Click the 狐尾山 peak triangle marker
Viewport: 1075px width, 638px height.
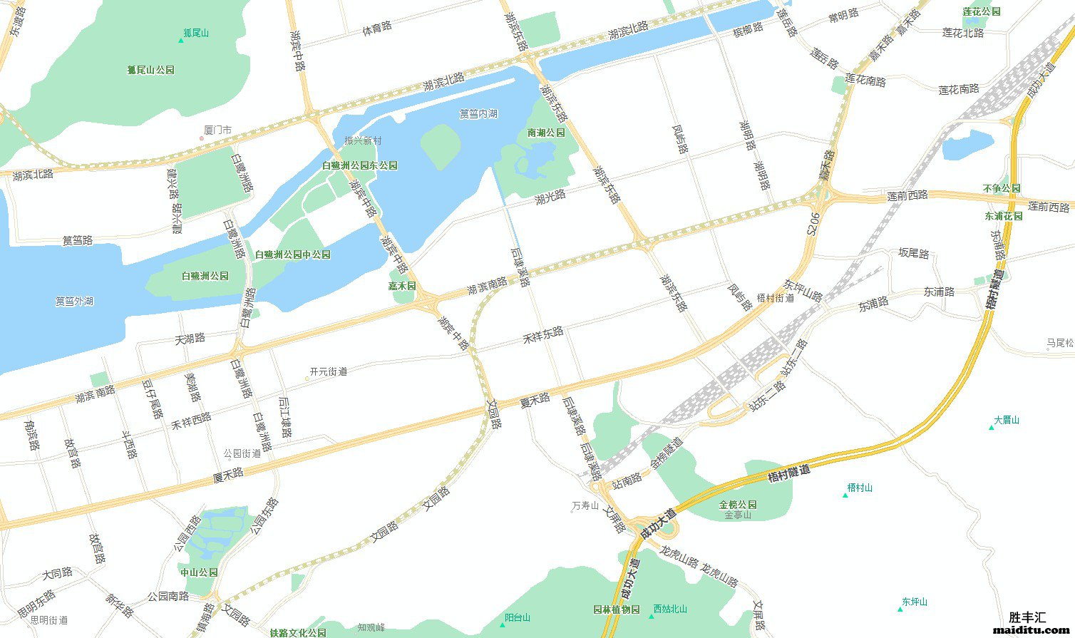181,40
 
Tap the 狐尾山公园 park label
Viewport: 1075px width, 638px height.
151,70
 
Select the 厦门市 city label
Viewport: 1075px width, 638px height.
217,130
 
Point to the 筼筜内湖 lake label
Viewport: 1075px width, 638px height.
478,113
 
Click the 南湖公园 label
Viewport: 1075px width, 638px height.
546,133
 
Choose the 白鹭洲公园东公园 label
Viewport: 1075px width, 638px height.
359,165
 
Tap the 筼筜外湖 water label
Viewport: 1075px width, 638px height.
74,301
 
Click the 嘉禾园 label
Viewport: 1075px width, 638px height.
401,285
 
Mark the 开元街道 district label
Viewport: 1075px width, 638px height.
329,371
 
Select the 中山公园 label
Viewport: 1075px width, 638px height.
199,572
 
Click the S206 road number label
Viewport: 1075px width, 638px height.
813,223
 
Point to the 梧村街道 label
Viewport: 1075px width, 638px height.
775,298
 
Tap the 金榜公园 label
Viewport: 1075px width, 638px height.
738,505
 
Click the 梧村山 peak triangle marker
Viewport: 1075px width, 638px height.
845,495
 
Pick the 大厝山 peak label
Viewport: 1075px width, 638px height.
1007,420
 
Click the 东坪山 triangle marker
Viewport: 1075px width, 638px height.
900,609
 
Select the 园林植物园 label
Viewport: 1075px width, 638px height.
616,609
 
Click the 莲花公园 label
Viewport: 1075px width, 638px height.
981,12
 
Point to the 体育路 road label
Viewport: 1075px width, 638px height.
377,28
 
